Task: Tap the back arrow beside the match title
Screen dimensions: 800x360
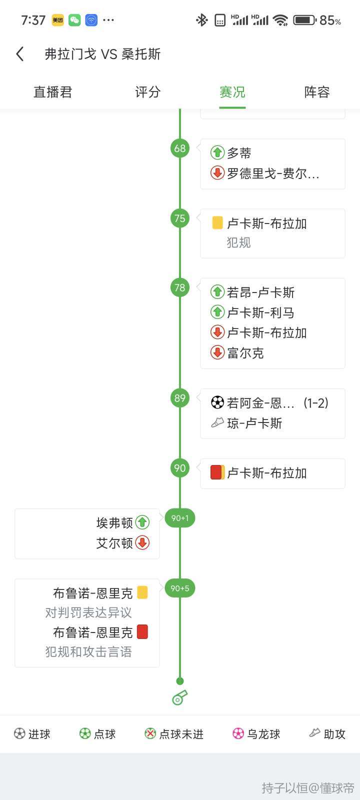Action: pos(20,54)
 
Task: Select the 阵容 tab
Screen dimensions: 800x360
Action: pos(317,92)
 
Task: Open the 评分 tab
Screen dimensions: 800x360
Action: pos(147,92)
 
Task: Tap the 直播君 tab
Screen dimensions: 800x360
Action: pos(53,92)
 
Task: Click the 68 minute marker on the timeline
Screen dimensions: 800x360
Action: pos(180,148)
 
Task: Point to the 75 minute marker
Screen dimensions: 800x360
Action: pos(180,218)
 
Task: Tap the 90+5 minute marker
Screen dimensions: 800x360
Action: pos(180,588)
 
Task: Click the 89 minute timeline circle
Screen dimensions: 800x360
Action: pos(180,398)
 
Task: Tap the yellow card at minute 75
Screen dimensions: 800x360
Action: pos(217,222)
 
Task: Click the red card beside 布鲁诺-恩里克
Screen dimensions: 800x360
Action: pos(142,632)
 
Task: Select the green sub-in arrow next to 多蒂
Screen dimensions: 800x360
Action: pos(217,152)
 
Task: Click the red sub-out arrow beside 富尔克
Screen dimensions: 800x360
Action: pos(217,352)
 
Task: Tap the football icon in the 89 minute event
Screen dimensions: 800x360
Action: pos(217,402)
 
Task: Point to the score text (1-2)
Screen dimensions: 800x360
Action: pos(315,403)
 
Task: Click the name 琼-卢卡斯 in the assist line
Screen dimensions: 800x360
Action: pos(254,423)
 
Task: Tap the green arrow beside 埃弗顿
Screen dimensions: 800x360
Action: pos(142,522)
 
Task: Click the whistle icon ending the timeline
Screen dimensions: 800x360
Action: pos(179,697)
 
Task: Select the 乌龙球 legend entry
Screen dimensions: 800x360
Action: pos(256,734)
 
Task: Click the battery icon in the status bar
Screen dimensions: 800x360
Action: pos(304,20)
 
